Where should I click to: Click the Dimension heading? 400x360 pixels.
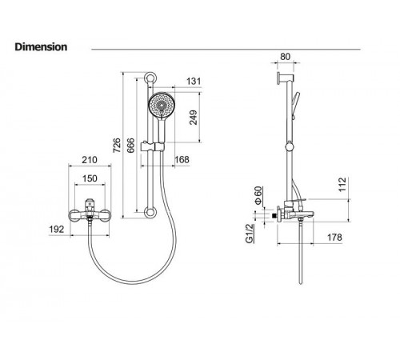pyautogui.click(x=41, y=47)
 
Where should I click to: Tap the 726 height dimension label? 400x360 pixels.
pyautogui.click(x=117, y=146)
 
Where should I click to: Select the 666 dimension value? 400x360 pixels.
pyautogui.click(x=130, y=146)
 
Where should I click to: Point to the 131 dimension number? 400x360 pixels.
pyautogui.click(x=194, y=81)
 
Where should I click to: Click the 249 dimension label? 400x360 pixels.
pyautogui.click(x=194, y=118)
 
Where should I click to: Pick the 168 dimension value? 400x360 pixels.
pyautogui.click(x=182, y=159)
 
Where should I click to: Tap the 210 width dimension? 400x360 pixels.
pyautogui.click(x=90, y=160)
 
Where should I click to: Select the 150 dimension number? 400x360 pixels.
pyautogui.click(x=90, y=178)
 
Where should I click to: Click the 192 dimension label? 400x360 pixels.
pyautogui.click(x=57, y=229)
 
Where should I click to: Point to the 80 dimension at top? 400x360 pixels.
pyautogui.click(x=285, y=57)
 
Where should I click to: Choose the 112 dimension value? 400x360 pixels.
pyautogui.click(x=342, y=184)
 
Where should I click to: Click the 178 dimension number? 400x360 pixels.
pyautogui.click(x=334, y=237)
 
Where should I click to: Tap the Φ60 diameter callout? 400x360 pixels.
pyautogui.click(x=258, y=195)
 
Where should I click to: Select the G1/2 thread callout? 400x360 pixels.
pyautogui.click(x=250, y=234)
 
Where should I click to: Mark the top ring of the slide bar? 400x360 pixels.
pyautogui.click(x=150, y=78)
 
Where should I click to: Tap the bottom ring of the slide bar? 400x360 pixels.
pyautogui.click(x=150, y=213)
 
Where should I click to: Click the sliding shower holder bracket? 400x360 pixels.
pyautogui.click(x=151, y=146)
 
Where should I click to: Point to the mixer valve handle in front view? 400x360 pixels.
pyautogui.click(x=90, y=205)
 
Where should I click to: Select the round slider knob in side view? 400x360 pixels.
pyautogui.click(x=290, y=146)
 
